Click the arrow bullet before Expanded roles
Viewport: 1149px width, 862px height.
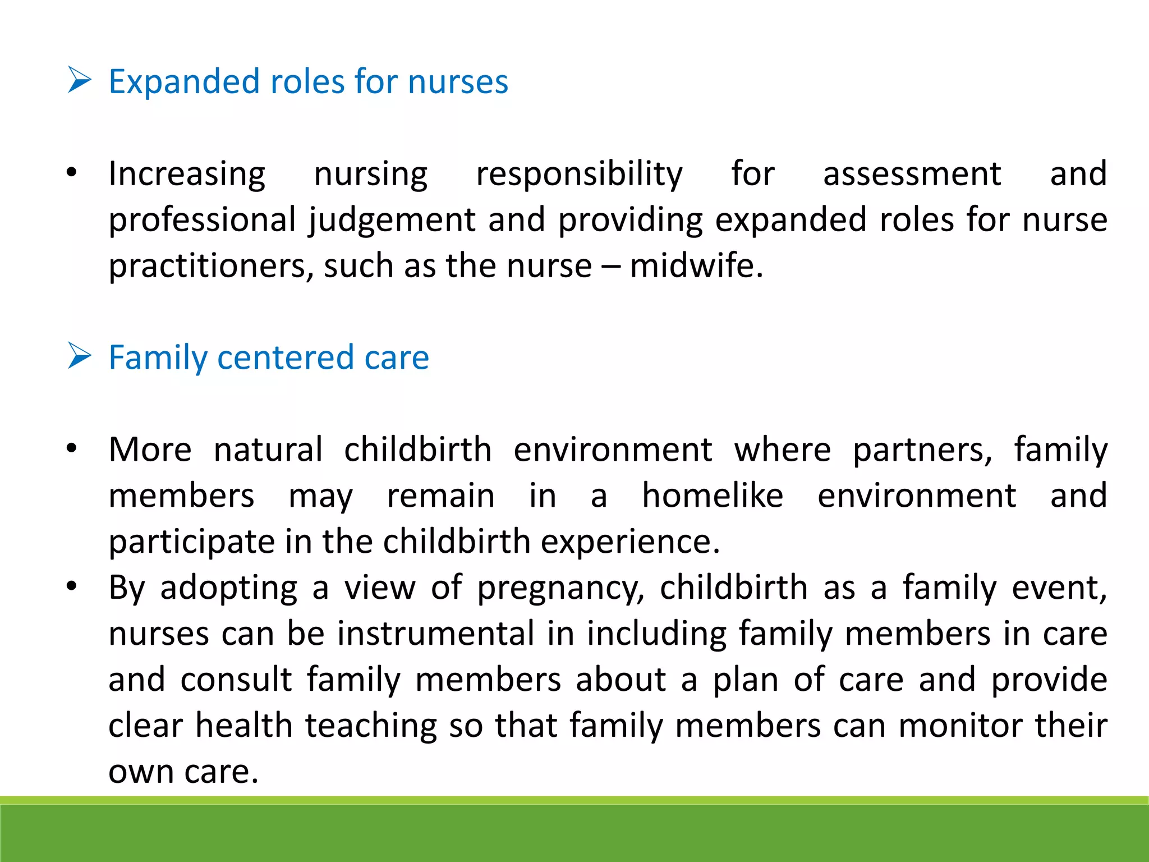[79, 80]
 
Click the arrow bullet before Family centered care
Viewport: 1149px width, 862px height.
[79, 356]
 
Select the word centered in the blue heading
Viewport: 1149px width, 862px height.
[285, 357]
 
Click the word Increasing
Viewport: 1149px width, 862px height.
[187, 175]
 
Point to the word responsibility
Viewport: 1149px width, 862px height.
[579, 175]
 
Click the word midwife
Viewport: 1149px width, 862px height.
[695, 265]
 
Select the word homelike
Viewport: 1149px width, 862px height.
[713, 496]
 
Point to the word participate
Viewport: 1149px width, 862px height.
[191, 543]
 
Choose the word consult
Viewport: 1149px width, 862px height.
[236, 680]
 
